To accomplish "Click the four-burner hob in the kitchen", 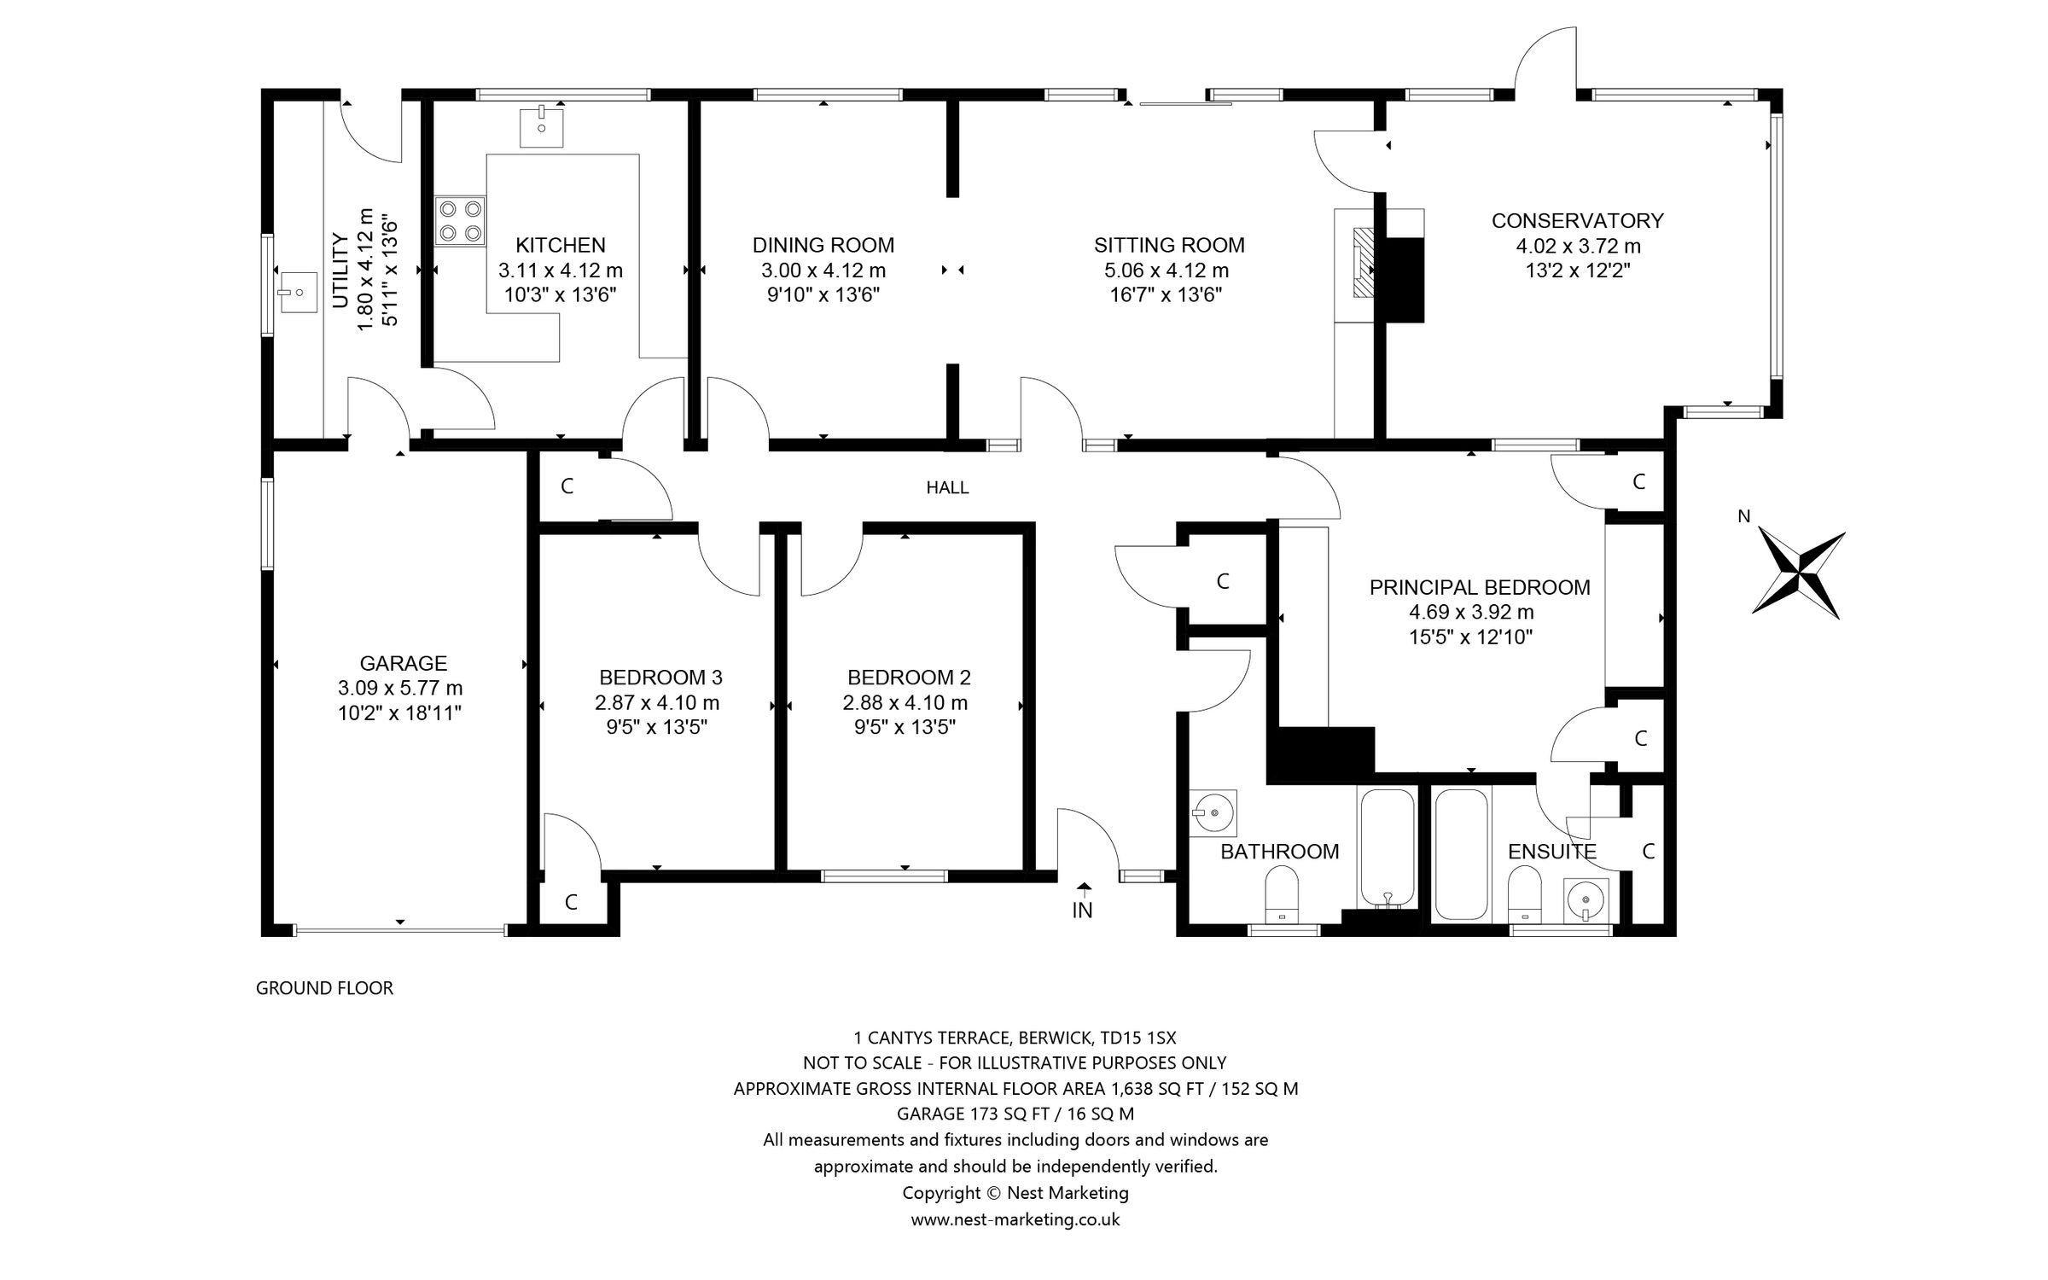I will (x=460, y=221).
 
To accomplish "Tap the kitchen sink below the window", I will (x=542, y=127).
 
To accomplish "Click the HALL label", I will (x=947, y=488).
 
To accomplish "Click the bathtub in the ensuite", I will (x=1462, y=853).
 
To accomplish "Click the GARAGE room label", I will (x=403, y=663).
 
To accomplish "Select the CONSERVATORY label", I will (x=1577, y=220).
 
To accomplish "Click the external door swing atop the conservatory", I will (x=1545, y=60).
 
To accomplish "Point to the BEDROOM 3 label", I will (x=660, y=678).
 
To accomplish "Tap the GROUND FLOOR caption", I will (x=324, y=988).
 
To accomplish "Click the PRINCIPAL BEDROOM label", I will (x=1479, y=587).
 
